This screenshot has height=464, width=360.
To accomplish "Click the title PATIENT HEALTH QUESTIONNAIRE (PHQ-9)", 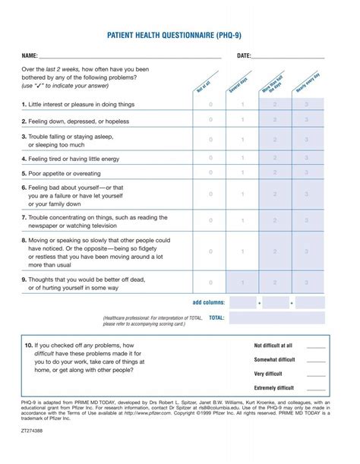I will point(179,36).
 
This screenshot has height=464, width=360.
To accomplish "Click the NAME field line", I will point(129,57).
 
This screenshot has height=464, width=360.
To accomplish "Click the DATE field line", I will point(288,57).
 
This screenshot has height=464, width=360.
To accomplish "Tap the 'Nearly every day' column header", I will point(308,82).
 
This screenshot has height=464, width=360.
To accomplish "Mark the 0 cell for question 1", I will point(211,105).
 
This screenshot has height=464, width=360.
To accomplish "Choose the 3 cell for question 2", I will point(307,121).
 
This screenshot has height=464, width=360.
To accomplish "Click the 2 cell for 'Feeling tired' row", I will point(275,159).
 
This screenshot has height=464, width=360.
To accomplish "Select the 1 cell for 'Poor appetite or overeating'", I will point(243,172).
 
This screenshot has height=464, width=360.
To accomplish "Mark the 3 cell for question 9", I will point(307,283).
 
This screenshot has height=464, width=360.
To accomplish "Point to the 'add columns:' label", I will point(209,302).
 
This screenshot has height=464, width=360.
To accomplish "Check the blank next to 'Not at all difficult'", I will point(316,346).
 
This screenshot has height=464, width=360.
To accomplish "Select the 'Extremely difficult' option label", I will point(274,387).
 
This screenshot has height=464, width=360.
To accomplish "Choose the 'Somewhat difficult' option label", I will point(274,359).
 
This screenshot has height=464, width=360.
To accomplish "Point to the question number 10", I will point(28,345).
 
